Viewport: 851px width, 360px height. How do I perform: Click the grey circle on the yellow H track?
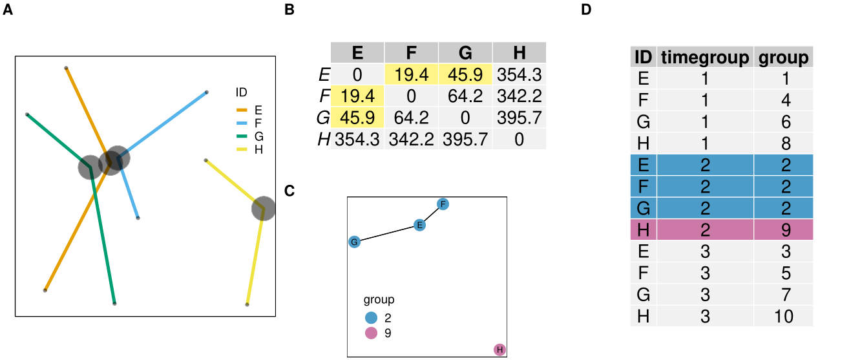click(263, 208)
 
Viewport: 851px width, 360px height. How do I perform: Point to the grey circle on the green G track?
click(90, 167)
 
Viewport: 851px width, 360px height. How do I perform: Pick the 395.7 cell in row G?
click(519, 118)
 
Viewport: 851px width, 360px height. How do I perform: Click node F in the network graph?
click(443, 204)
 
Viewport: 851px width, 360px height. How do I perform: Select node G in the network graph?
click(353, 242)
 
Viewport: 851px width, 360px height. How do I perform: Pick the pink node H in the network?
click(499, 350)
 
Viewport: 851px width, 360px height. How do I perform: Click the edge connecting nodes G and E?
click(386, 233)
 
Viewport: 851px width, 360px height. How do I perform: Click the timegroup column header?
click(706, 57)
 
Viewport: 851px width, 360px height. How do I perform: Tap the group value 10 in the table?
click(783, 316)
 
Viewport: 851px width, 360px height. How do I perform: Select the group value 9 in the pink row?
click(783, 229)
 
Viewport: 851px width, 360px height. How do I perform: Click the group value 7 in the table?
click(783, 294)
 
